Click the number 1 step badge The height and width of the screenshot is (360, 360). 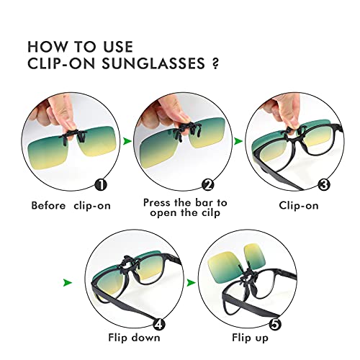[x=101, y=184]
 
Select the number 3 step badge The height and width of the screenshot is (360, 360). [x=324, y=185]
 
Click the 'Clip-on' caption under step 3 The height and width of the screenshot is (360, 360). [x=299, y=205]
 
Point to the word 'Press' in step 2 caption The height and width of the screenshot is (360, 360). [x=158, y=202]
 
